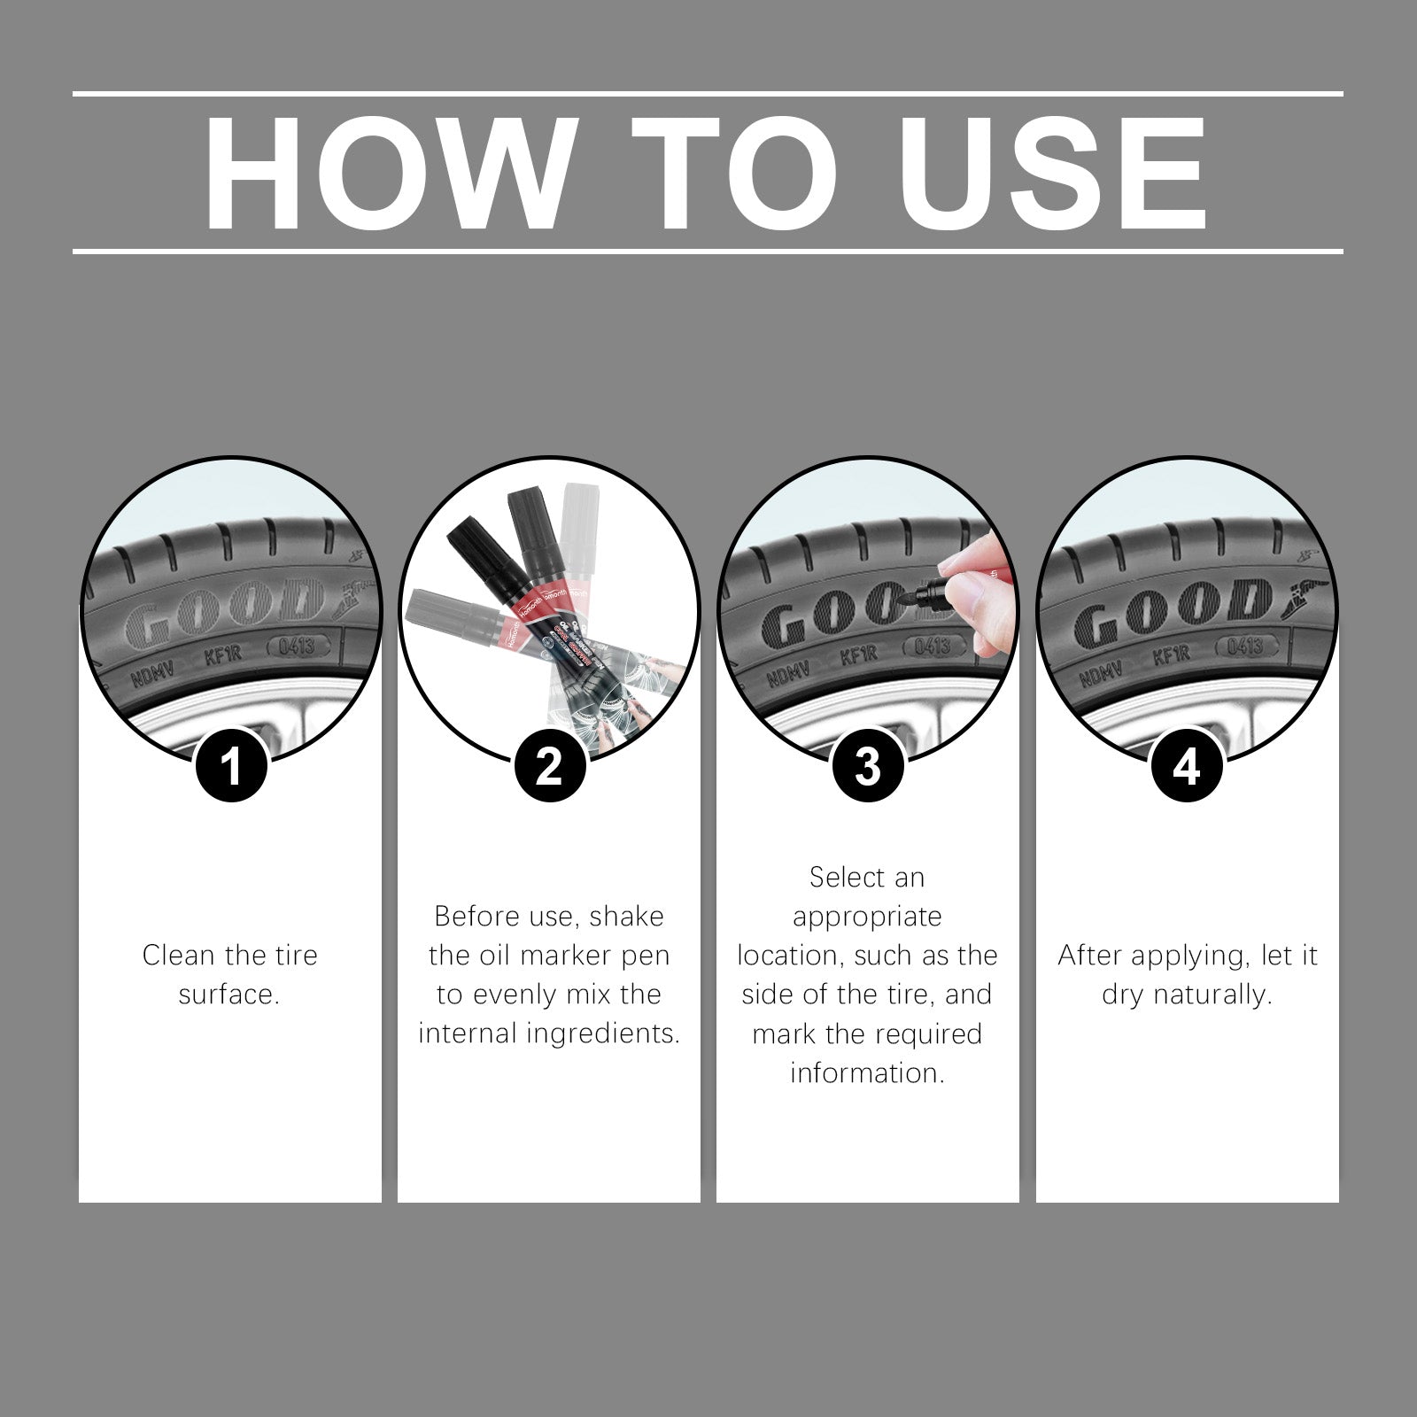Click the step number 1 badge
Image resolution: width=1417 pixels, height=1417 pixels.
231,765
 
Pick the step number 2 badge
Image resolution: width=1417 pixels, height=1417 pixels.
550,765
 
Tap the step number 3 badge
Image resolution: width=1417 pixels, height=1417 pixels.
868,765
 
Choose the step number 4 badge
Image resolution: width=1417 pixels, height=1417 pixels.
1187,765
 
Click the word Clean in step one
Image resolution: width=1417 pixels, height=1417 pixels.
179,956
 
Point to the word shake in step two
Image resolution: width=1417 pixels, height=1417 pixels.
626,917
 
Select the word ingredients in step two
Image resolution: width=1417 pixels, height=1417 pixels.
604,1034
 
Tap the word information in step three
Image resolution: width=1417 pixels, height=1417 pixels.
867,1072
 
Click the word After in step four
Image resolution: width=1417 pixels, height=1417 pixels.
1093,956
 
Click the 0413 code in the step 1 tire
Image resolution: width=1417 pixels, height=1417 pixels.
297,645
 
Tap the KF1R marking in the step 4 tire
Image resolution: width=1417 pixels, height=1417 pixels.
1172,656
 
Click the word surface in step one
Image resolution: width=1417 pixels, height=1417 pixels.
228,995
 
